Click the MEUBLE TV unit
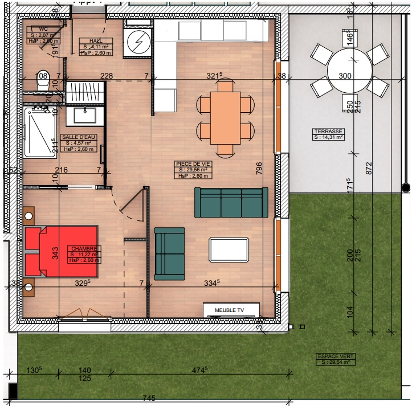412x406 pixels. [x=232, y=310]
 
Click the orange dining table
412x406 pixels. [x=225, y=118]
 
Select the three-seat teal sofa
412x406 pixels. [x=231, y=203]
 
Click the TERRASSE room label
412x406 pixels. [x=328, y=134]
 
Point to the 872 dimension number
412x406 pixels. [x=369, y=169]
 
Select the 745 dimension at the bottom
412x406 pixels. [x=149, y=399]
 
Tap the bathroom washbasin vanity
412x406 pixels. [x=84, y=116]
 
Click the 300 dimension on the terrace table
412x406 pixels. [x=345, y=76]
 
